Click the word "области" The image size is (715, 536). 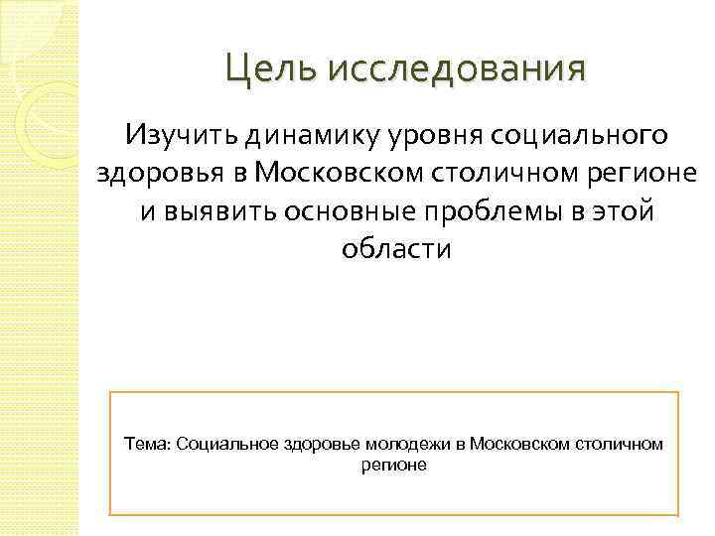tap(396, 247)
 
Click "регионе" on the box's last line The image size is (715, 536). tap(394, 464)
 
